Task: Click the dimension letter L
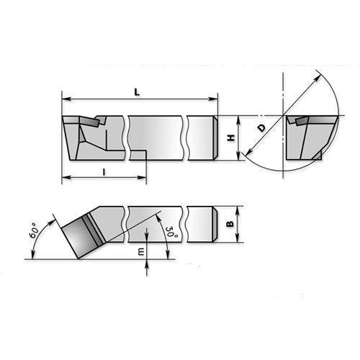pyautogui.click(x=137, y=92)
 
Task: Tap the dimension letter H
pyautogui.click(x=231, y=138)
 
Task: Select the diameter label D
pyautogui.click(x=262, y=128)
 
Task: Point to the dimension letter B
pyautogui.click(x=230, y=224)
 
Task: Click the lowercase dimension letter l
pyautogui.click(x=104, y=172)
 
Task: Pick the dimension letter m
pyautogui.click(x=141, y=251)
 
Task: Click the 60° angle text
pyautogui.click(x=34, y=230)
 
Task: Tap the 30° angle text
pyautogui.click(x=172, y=231)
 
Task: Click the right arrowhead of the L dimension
pyautogui.click(x=213, y=99)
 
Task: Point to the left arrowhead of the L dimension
pyautogui.click(x=67, y=99)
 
